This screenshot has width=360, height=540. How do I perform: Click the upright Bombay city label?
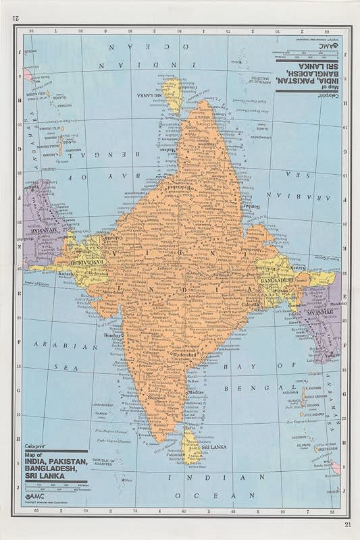pos(110,335)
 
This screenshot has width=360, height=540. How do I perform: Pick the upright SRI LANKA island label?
pos(214,446)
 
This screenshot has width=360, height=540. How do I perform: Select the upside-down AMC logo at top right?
pos(328,45)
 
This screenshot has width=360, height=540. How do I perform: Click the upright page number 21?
pos(348,524)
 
